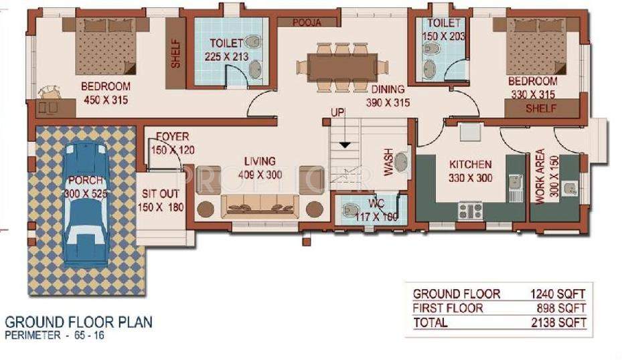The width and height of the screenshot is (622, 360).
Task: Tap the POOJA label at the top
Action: click(x=307, y=22)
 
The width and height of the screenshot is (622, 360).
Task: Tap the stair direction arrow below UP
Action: click(x=345, y=143)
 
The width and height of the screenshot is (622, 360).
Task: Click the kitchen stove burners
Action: click(x=470, y=211)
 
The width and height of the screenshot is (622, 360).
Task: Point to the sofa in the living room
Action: click(x=260, y=205)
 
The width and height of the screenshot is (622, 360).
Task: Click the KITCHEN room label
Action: click(x=470, y=164)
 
